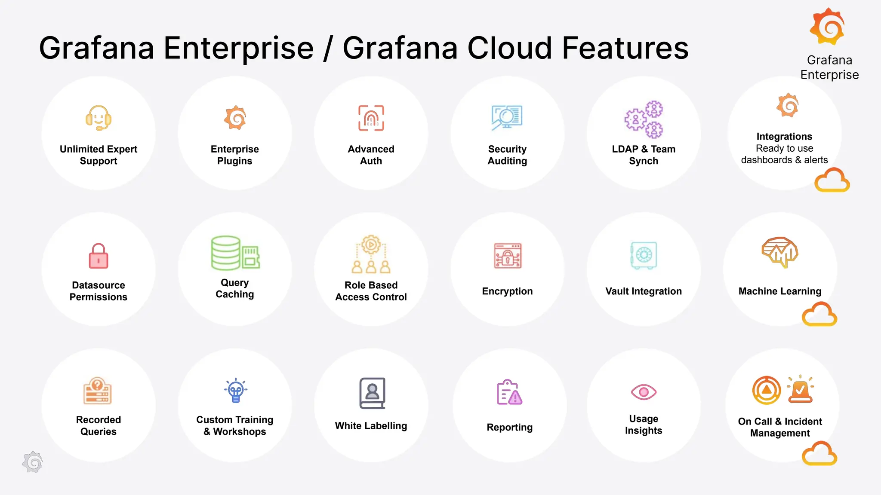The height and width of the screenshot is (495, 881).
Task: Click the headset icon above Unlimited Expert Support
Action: (99, 118)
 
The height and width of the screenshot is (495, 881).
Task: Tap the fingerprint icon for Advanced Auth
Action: (371, 118)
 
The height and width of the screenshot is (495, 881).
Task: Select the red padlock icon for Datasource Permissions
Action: (99, 256)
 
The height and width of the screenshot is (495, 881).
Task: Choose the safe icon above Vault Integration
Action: (644, 255)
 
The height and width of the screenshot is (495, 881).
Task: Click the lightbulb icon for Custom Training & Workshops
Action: (235, 391)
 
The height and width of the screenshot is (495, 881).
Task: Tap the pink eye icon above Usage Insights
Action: (644, 392)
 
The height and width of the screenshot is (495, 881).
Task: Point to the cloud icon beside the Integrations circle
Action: (832, 180)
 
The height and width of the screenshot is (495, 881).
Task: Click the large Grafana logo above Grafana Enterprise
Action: (828, 27)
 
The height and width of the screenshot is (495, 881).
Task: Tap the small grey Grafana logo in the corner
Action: (33, 462)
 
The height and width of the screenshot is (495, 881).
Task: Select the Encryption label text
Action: (507, 291)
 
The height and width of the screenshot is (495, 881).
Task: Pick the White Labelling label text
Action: (371, 426)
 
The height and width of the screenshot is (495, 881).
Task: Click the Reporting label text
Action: (509, 427)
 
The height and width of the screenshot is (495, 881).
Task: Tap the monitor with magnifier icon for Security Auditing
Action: (507, 117)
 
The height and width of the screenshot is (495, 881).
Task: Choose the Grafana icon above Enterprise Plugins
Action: (235, 118)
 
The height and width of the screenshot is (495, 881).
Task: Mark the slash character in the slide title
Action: (328, 49)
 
